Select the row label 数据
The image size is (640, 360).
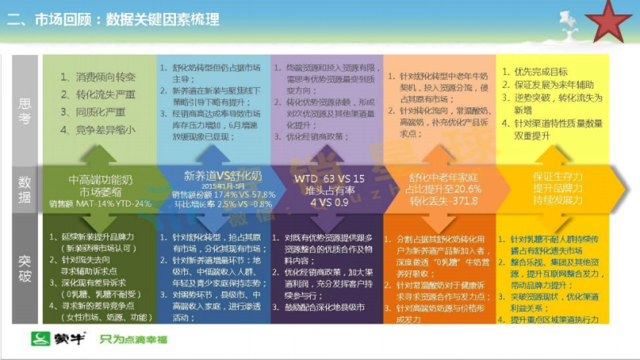click(25, 190)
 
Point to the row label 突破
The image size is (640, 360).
click(25, 269)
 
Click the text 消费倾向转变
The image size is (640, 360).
click(105, 77)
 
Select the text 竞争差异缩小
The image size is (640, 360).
click(105, 129)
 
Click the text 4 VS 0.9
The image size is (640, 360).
click(330, 202)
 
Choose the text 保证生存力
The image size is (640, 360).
click(558, 177)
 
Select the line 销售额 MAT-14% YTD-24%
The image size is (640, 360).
click(101, 203)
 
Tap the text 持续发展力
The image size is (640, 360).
click(558, 201)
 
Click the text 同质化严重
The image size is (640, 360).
click(100, 112)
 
